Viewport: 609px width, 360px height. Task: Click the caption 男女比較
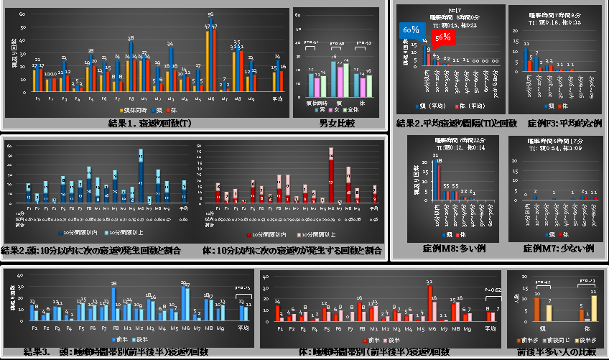(338, 124)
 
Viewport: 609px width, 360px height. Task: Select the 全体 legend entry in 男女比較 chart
(351, 109)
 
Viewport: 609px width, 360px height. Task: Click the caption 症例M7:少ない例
(558, 248)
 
